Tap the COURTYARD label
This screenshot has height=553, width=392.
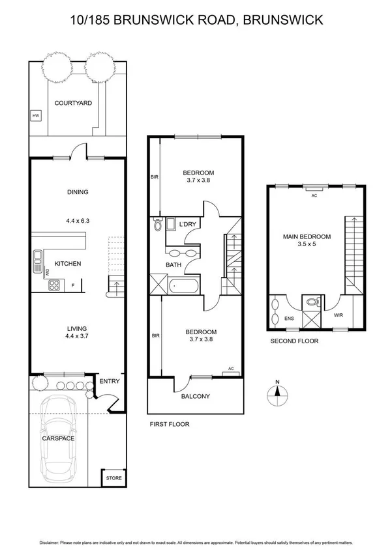point(73,103)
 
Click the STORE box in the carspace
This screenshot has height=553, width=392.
point(113,478)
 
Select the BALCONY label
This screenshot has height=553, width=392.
point(196,395)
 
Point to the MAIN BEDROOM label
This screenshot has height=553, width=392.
point(307,236)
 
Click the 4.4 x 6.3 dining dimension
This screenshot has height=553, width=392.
point(77,220)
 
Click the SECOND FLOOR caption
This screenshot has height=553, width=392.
point(294,341)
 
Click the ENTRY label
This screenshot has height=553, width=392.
point(110,381)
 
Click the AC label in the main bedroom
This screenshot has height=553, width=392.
point(314,195)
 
